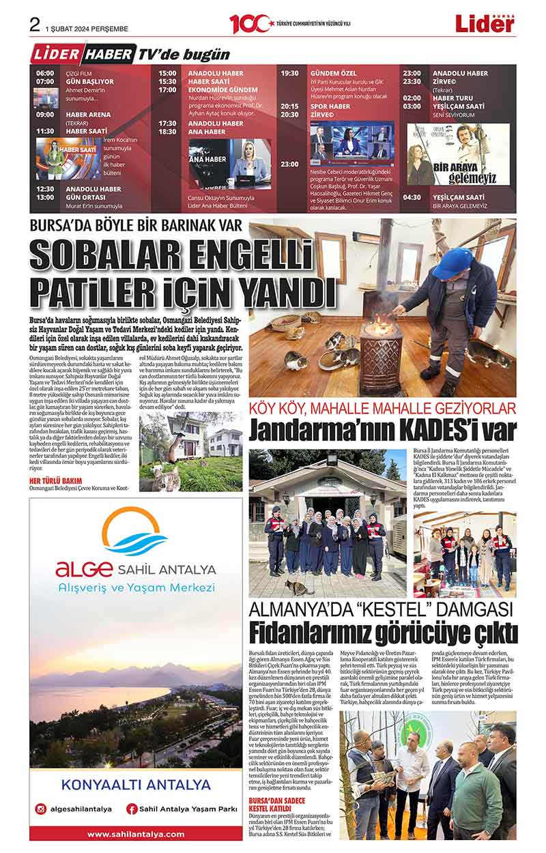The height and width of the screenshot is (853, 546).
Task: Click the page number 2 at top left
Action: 35,25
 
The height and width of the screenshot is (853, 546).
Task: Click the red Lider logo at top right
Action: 485,24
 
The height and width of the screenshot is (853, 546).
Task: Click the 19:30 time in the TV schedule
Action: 289,73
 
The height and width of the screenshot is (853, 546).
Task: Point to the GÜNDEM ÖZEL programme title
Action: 334,73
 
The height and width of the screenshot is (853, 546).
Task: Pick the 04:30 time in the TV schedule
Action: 412,197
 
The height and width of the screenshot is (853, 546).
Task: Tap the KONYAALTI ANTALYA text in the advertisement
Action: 136,784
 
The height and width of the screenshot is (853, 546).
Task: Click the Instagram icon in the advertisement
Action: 42,809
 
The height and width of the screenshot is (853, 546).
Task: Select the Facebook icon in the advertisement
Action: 132,809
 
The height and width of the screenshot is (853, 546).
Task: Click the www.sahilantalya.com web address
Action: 136,834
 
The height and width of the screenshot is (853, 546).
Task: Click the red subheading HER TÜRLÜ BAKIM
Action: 55,480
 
